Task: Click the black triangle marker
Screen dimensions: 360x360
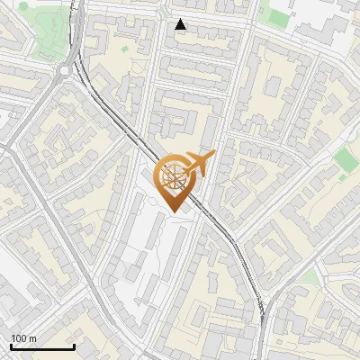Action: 181,24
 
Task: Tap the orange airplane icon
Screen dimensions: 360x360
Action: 201,164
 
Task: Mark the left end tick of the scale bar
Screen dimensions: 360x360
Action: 11,346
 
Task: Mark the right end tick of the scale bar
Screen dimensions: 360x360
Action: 74,346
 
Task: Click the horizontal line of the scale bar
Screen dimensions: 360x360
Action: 42,347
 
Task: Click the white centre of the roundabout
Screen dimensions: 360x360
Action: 66,71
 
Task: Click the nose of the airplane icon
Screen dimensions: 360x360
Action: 214,155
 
